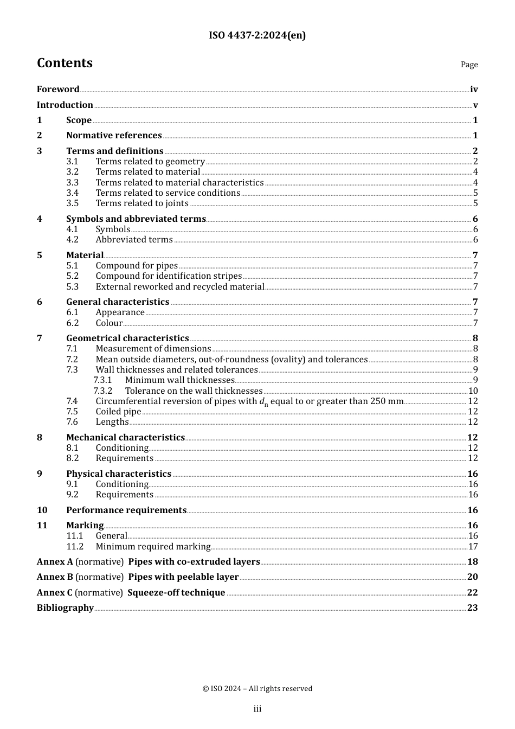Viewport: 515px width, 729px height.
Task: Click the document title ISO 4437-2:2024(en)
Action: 257,36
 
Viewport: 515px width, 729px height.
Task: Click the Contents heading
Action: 65,63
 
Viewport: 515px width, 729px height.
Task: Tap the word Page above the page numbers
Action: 469,65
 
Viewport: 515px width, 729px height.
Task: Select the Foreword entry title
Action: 58,89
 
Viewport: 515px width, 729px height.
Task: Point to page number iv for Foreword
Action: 474,89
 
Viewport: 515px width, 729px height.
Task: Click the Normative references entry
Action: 114,136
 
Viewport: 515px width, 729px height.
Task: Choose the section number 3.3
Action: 73,183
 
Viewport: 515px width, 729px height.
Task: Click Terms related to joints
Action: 142,203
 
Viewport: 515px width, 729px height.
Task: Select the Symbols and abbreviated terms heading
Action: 136,219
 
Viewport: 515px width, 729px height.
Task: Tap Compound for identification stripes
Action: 169,276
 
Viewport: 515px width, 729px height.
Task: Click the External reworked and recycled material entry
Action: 180,287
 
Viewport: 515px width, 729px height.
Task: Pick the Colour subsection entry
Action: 109,323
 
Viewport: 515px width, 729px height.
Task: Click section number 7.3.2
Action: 102,391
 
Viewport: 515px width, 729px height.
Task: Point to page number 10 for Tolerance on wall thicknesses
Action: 473,391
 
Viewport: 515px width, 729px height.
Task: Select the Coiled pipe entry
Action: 118,412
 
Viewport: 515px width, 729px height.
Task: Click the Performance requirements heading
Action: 126,510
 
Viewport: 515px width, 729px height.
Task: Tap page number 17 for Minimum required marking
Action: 473,547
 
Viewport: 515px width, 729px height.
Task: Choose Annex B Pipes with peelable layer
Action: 138,577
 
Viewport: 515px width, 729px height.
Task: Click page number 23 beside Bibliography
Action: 472,608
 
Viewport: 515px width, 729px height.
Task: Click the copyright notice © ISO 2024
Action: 257,689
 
